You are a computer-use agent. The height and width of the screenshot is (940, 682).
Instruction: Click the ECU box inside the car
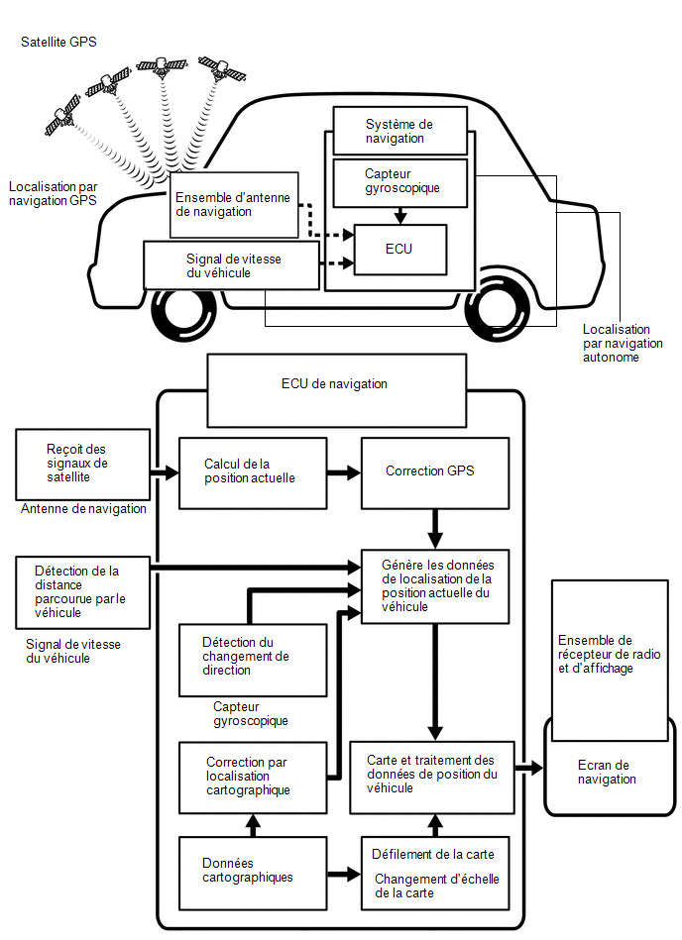pyautogui.click(x=400, y=250)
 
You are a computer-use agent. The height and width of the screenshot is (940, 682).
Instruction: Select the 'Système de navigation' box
pyautogui.click(x=400, y=132)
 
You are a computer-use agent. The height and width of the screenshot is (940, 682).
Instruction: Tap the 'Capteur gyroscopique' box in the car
pyautogui.click(x=400, y=183)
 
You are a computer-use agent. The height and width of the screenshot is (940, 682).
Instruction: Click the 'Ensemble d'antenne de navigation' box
pyautogui.click(x=234, y=205)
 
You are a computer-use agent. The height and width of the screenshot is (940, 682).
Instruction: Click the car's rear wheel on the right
pyautogui.click(x=498, y=311)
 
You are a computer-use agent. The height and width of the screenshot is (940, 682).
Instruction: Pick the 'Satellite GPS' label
pyautogui.click(x=58, y=42)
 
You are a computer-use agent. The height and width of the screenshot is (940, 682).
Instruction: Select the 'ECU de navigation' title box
pyautogui.click(x=336, y=390)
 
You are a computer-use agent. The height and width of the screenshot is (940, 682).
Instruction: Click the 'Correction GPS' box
pyautogui.click(x=435, y=473)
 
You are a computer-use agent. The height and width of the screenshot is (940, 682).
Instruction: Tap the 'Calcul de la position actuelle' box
pyautogui.click(x=253, y=473)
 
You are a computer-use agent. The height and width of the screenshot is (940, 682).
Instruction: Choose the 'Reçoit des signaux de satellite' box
pyautogui.click(x=83, y=464)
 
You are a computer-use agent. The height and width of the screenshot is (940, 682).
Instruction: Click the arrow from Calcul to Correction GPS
pyautogui.click(x=344, y=473)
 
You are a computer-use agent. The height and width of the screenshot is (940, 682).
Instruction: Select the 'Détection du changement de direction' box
pyautogui.click(x=253, y=660)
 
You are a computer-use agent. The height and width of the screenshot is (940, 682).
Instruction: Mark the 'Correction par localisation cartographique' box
pyautogui.click(x=253, y=778)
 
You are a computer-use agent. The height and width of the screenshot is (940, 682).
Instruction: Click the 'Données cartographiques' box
pyautogui.click(x=253, y=873)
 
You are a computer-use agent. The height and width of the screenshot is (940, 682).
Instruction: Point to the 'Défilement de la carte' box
pyautogui.click(x=435, y=873)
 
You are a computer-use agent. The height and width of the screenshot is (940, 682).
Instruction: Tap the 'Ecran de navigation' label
pyautogui.click(x=606, y=773)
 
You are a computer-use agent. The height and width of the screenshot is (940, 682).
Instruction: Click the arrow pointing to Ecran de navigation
pyautogui.click(x=529, y=768)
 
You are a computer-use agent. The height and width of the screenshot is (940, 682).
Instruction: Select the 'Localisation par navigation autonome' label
pyautogui.click(x=623, y=344)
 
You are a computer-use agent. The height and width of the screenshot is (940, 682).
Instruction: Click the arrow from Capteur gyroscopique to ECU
pyautogui.click(x=400, y=216)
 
